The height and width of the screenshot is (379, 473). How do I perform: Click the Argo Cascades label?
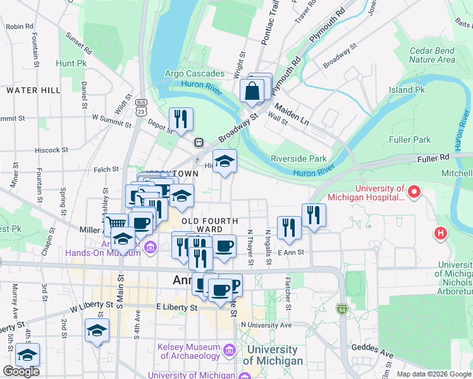click(x=195, y=73)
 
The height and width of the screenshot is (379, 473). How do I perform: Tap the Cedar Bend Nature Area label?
click(x=432, y=56)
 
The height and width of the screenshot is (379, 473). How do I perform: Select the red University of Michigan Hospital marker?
click(x=414, y=190)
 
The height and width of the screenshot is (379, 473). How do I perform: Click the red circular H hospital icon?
click(x=441, y=233)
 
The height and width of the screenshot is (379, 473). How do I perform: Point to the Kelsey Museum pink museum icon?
click(x=229, y=350)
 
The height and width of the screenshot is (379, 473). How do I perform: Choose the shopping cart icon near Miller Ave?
click(x=115, y=224)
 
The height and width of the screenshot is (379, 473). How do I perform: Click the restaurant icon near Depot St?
click(x=181, y=118)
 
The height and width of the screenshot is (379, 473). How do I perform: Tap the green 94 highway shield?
click(x=341, y=309)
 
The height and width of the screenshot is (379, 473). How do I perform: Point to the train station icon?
click(x=199, y=143)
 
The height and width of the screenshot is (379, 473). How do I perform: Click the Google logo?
click(x=21, y=371)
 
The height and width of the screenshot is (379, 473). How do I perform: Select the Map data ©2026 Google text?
click(x=433, y=374)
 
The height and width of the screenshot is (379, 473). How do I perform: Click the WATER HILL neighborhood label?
click(x=34, y=90)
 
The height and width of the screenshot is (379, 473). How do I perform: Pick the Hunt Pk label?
click(x=71, y=64)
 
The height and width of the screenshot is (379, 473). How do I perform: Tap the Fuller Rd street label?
click(x=433, y=156)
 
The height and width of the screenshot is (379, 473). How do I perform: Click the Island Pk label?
click(x=407, y=90)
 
